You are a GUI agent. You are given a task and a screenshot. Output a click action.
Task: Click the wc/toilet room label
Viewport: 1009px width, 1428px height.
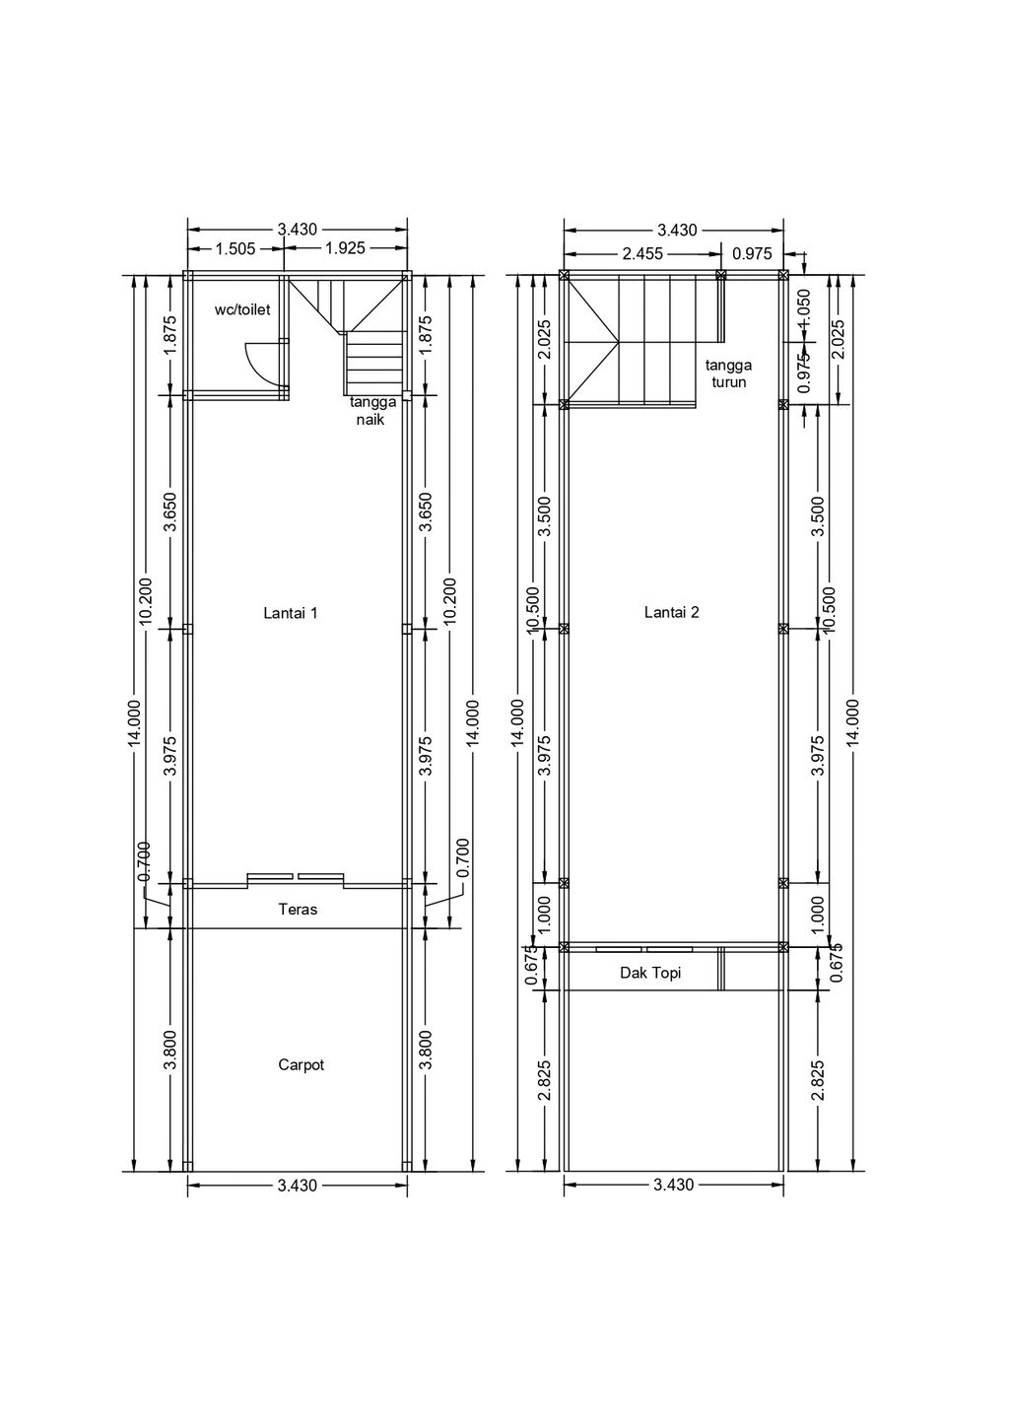pos(242,309)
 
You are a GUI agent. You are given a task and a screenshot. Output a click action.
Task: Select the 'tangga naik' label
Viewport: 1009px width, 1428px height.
pos(372,411)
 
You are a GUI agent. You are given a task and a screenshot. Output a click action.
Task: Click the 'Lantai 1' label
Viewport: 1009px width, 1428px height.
pos(291,613)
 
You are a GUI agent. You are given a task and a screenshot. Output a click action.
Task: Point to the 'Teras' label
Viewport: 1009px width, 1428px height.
pos(298,909)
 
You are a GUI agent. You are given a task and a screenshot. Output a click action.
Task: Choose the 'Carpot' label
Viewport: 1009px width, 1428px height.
pos(301,1064)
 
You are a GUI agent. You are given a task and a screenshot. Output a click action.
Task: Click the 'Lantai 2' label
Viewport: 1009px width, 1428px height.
pos(672,612)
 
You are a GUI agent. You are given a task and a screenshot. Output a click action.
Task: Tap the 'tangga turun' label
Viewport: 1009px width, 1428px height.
pos(728,374)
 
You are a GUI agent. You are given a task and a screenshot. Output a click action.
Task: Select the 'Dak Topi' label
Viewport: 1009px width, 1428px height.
pos(650,973)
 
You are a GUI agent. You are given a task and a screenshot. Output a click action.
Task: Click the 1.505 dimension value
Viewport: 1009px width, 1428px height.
pos(235,248)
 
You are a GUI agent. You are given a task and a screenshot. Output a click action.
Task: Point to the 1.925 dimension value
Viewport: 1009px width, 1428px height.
pos(346,248)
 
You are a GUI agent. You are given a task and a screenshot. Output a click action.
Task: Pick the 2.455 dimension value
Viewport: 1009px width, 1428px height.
pos(641,253)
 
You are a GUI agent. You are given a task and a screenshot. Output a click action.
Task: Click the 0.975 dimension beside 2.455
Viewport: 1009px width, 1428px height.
pos(752,253)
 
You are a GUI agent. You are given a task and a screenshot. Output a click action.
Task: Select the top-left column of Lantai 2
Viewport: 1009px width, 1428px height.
pos(564,275)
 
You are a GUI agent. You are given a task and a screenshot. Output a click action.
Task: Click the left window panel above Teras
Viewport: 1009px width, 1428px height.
pos(270,876)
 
